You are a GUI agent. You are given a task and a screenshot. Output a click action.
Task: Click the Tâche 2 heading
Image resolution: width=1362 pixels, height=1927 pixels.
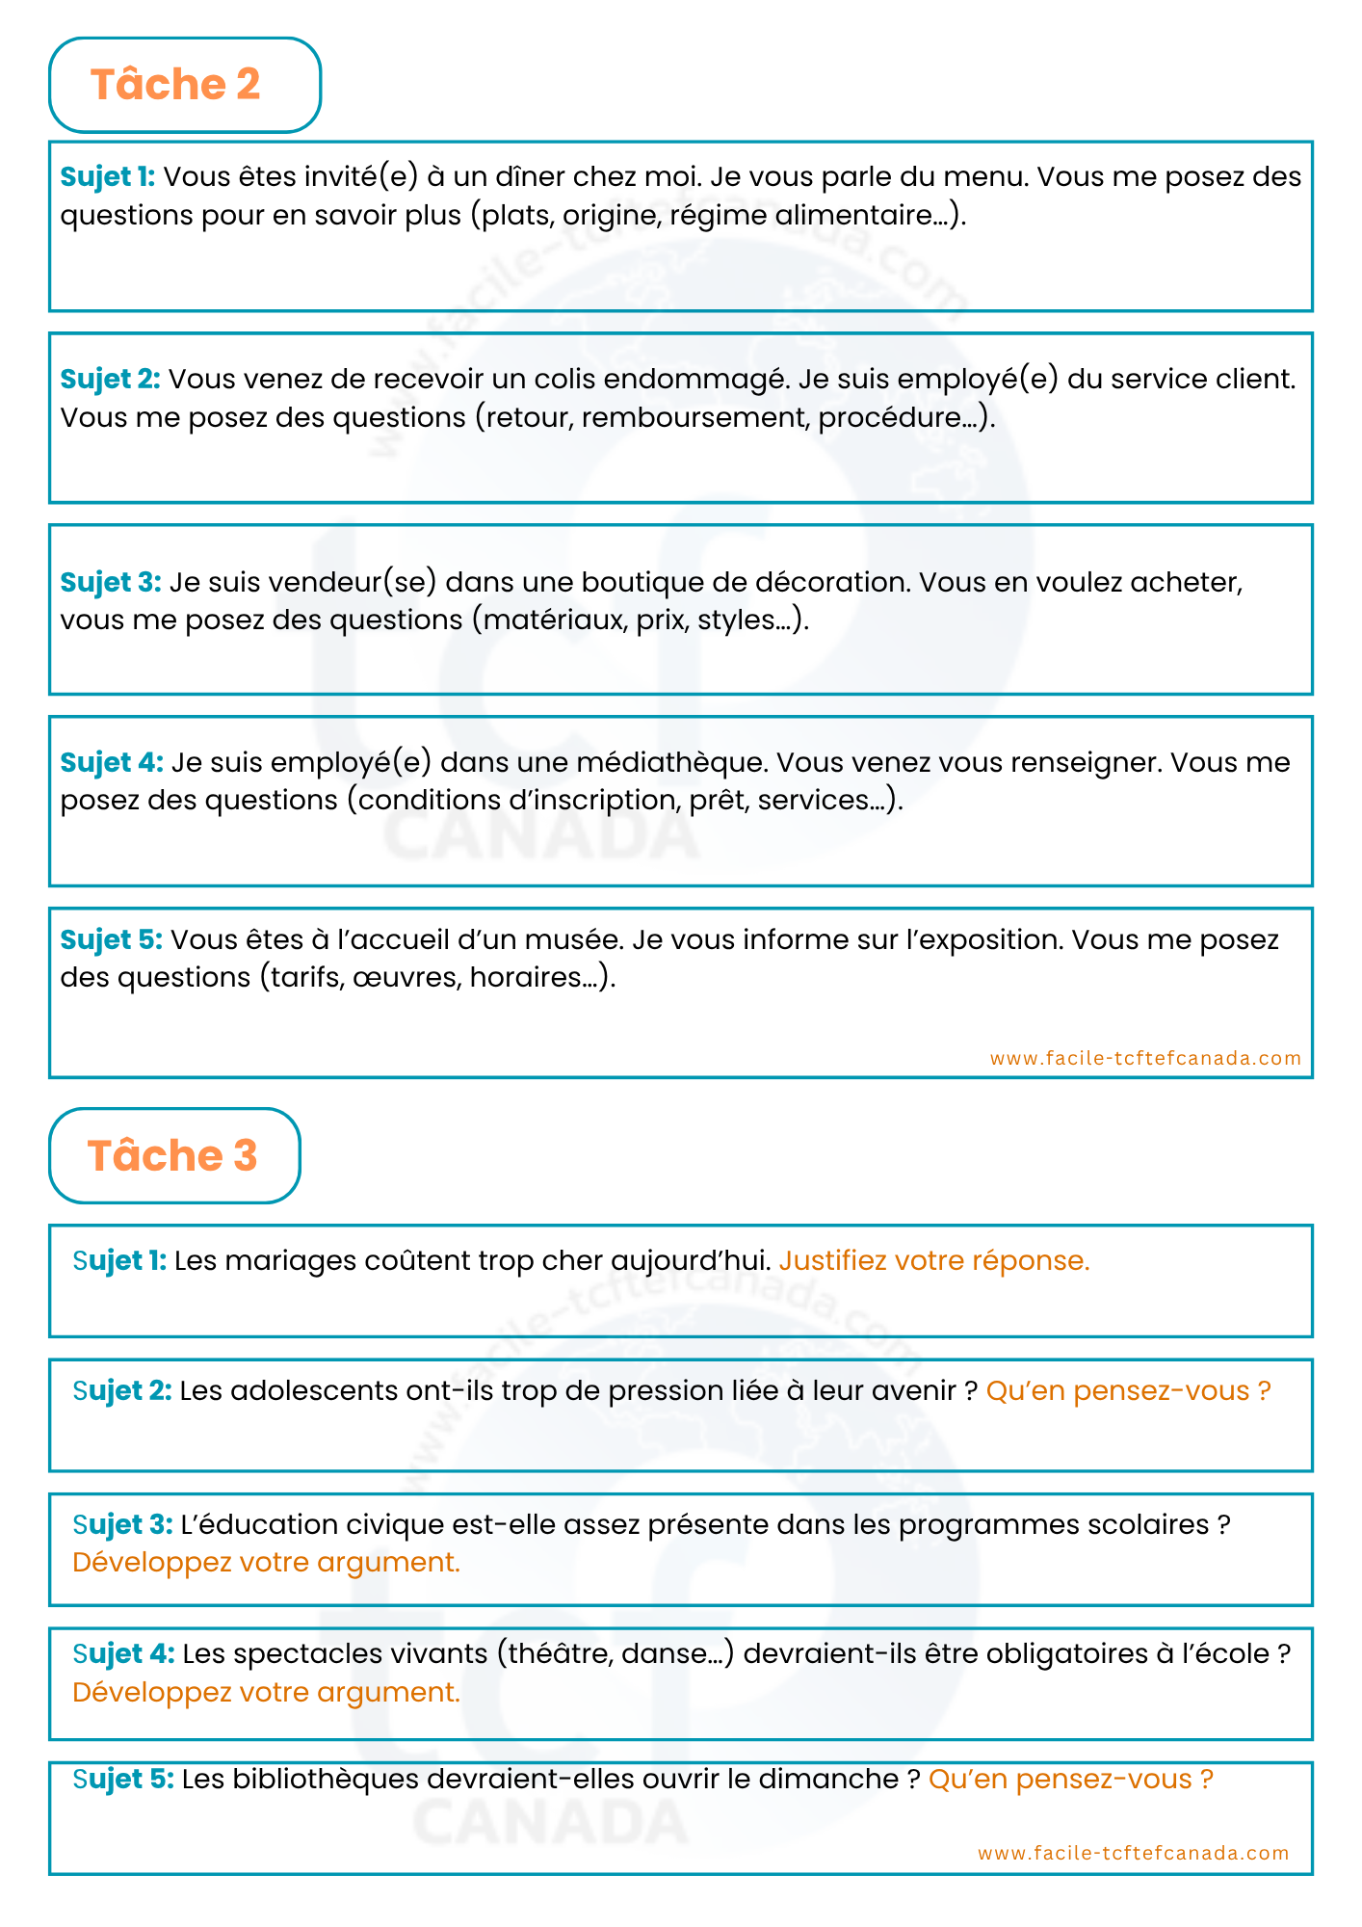[x=175, y=85]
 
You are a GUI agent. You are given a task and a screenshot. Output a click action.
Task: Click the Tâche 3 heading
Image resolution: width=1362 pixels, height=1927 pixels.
[x=172, y=1155]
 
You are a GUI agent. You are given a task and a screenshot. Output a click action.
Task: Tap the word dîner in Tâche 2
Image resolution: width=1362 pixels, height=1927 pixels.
[x=529, y=176]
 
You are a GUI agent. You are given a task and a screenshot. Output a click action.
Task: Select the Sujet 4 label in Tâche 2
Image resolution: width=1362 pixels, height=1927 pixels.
[x=112, y=762]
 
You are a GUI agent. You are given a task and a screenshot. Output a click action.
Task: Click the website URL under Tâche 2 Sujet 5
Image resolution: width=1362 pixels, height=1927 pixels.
[x=1145, y=1058]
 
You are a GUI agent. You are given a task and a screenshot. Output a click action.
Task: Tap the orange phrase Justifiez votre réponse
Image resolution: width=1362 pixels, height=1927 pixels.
[x=934, y=1260]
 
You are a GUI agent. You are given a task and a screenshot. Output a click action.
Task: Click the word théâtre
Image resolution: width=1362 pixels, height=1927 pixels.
[x=560, y=1653]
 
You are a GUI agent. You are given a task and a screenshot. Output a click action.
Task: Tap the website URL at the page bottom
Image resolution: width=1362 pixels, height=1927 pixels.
[x=1133, y=1853]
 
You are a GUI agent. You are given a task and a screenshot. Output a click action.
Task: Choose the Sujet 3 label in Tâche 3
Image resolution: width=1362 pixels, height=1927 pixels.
[x=122, y=1524]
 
